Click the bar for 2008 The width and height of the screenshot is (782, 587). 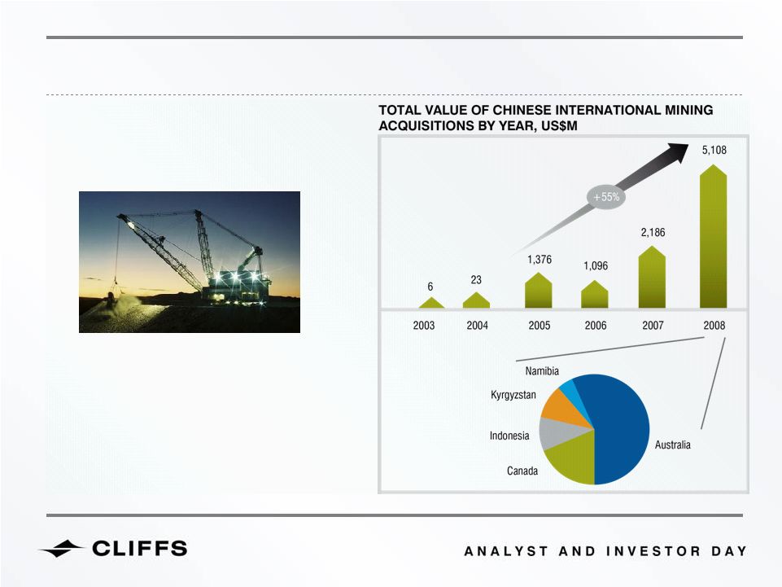click(713, 236)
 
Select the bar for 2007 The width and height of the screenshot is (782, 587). click(652, 277)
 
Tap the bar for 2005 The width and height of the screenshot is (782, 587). click(539, 291)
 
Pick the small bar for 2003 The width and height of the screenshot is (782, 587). click(431, 303)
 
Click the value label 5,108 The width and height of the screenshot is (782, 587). click(714, 150)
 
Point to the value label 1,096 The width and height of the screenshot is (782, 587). click(596, 265)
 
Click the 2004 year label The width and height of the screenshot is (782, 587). click(478, 326)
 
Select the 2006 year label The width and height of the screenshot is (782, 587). click(596, 326)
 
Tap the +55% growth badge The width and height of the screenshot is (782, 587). click(606, 197)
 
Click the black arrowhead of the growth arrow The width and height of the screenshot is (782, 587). click(677, 152)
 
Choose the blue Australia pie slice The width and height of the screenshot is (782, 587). click(621, 429)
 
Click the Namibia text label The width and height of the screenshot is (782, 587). click(542, 371)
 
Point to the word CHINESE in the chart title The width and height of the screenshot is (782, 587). click(521, 110)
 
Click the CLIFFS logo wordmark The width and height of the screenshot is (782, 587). click(140, 549)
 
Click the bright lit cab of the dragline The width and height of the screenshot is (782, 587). click(239, 282)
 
